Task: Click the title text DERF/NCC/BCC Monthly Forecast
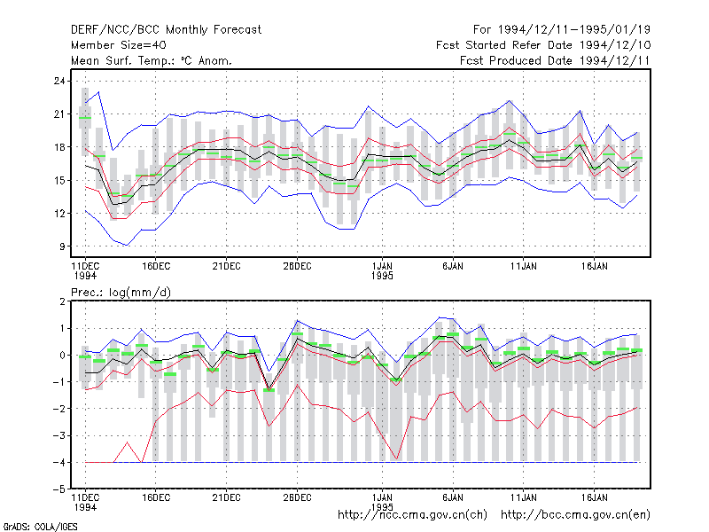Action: (x=166, y=30)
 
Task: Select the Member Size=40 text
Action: (x=119, y=45)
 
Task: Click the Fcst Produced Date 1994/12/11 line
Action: (x=555, y=60)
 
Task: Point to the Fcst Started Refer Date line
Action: (x=543, y=45)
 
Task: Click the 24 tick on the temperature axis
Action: (x=59, y=81)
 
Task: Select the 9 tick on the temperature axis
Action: (x=62, y=246)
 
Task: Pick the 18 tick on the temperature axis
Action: (x=59, y=147)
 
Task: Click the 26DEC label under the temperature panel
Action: (x=297, y=266)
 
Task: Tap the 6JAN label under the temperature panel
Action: (x=453, y=266)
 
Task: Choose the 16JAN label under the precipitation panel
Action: (x=594, y=497)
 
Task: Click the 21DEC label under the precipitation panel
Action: (x=226, y=497)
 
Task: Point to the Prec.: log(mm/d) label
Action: (x=121, y=293)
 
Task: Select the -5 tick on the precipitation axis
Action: (x=59, y=489)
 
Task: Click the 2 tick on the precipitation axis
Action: (x=62, y=301)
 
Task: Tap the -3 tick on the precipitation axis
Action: (x=59, y=435)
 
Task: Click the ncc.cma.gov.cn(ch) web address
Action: (x=412, y=515)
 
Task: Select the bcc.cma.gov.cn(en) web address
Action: (x=575, y=515)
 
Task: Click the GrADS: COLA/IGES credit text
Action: (x=40, y=527)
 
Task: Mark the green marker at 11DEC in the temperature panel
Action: (x=85, y=118)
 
